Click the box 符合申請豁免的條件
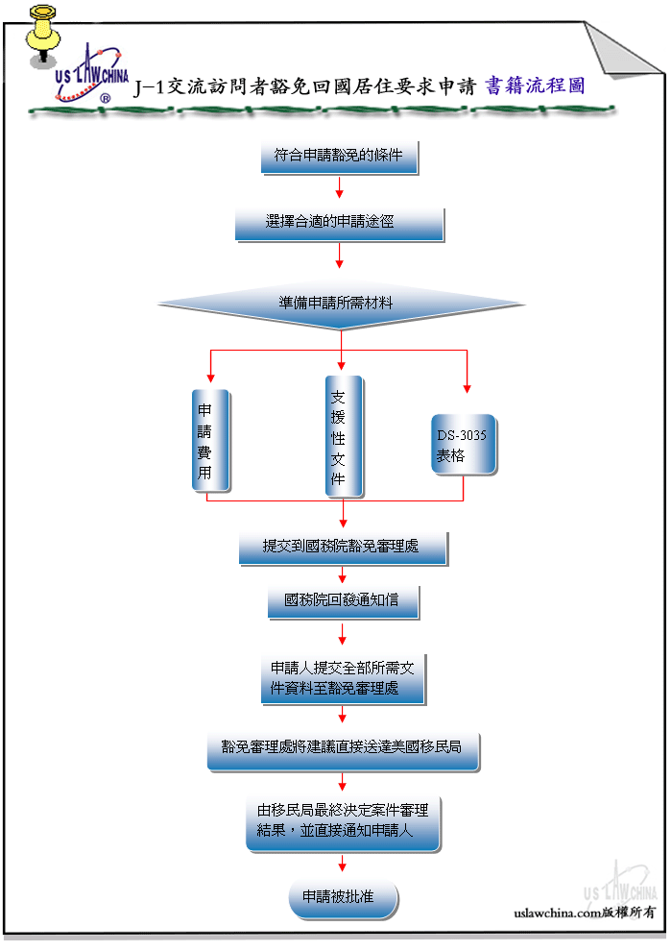point(339,158)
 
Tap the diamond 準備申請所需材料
point(341,305)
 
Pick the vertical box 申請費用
point(210,440)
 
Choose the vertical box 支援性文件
point(345,437)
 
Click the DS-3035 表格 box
point(464,445)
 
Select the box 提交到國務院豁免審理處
point(344,549)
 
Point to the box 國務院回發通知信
point(344,602)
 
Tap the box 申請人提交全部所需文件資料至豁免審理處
point(344,679)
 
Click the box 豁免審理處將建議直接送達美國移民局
point(344,751)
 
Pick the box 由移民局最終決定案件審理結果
point(344,824)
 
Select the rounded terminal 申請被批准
point(344,899)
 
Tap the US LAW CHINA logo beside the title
point(91,74)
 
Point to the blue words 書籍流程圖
point(535,85)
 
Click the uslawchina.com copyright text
point(584,913)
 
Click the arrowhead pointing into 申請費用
point(210,378)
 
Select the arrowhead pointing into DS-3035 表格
point(467,389)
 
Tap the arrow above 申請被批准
point(343,863)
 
